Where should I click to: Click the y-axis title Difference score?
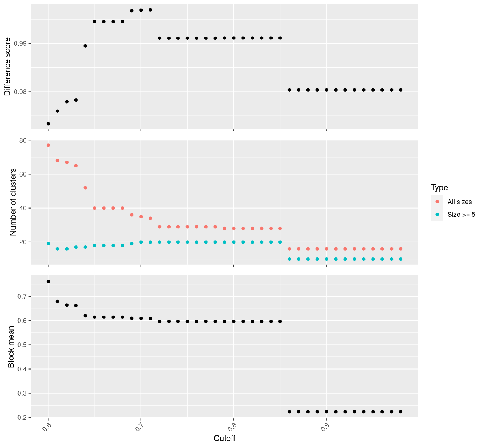point(7,67)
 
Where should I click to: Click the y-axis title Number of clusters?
point(13,202)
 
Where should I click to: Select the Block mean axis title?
point(11,346)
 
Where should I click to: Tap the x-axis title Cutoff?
point(225,438)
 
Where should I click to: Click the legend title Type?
point(439,187)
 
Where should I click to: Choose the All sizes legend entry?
point(459,202)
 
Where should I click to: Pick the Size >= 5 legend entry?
point(461,215)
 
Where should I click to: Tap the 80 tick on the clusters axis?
point(23,140)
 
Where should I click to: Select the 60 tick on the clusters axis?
point(23,174)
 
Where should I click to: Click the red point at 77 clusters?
point(48,145)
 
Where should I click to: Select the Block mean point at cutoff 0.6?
point(48,282)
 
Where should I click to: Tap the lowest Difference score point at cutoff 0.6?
point(48,124)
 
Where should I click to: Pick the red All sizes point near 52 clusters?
point(85,188)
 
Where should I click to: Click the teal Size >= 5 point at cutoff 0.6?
point(48,244)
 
